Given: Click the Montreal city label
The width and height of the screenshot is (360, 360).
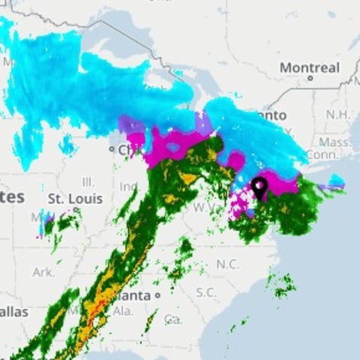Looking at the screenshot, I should click(310, 68).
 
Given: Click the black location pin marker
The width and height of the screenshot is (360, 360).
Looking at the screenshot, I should click(259, 185).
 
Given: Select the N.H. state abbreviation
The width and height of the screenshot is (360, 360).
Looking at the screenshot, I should click(338, 114).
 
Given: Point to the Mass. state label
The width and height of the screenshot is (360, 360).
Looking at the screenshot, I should click(334, 141).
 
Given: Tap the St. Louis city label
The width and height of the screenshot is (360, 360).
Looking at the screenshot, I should click(74, 199).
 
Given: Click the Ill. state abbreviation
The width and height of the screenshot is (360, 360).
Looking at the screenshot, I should click(88, 182).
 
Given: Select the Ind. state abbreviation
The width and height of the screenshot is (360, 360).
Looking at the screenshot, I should click(128, 185).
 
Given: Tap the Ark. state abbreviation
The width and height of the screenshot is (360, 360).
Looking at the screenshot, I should click(43, 271).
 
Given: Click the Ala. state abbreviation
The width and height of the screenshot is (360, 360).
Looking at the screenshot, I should click(124, 310).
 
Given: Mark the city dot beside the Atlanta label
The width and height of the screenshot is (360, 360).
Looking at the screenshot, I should click(158, 296).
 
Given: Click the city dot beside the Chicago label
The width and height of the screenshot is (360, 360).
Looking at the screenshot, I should click(112, 149).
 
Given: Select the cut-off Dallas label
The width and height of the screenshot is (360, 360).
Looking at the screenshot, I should click(14, 311).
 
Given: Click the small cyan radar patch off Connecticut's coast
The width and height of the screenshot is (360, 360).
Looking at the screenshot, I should click(337, 180).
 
